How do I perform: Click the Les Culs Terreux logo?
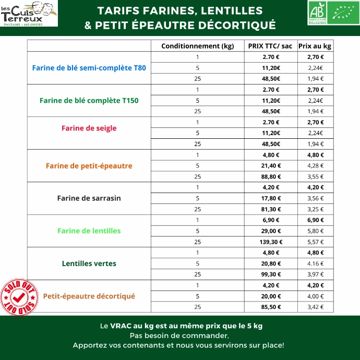tap(29, 14)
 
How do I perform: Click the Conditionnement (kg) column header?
tap(198, 46)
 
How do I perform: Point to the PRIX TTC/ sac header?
tap(270, 46)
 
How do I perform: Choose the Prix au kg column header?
tap(315, 46)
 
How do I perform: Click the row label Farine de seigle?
tap(89, 128)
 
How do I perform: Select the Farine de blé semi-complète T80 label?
tap(89, 68)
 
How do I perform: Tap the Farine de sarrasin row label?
tap(89, 198)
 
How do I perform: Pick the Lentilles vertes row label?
tap(89, 263)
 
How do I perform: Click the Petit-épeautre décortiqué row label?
tap(89, 296)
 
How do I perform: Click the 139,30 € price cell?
tap(270, 242)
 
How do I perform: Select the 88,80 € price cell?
tap(270, 176)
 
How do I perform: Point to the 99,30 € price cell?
tap(270, 274)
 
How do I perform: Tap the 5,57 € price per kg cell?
tap(315, 242)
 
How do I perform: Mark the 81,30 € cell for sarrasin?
tap(270, 209)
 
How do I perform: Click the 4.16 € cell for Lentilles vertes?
tap(315, 263)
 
